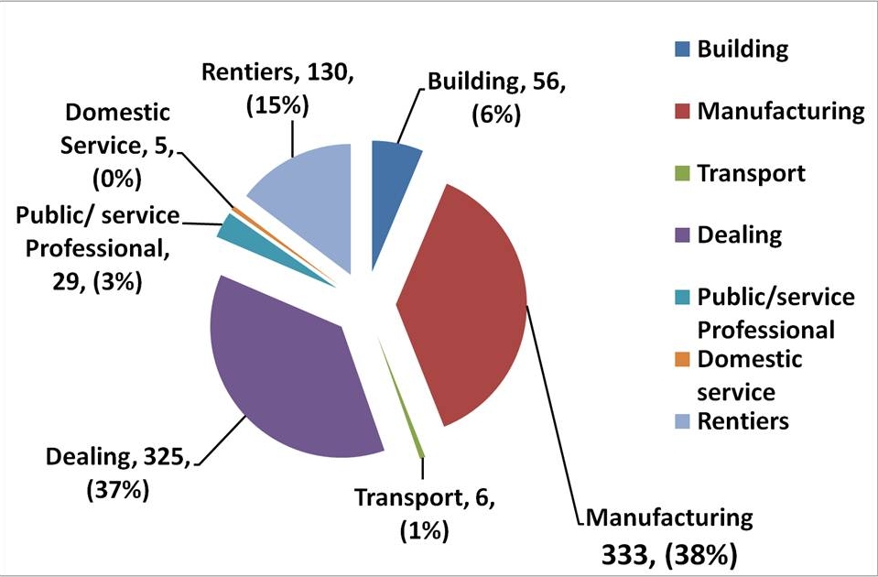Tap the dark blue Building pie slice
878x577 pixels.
394,165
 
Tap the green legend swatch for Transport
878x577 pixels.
683,174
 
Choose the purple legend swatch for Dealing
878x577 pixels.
683,236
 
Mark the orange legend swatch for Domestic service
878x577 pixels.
683,360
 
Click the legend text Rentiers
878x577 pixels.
743,421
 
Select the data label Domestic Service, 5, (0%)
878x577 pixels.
119,143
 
